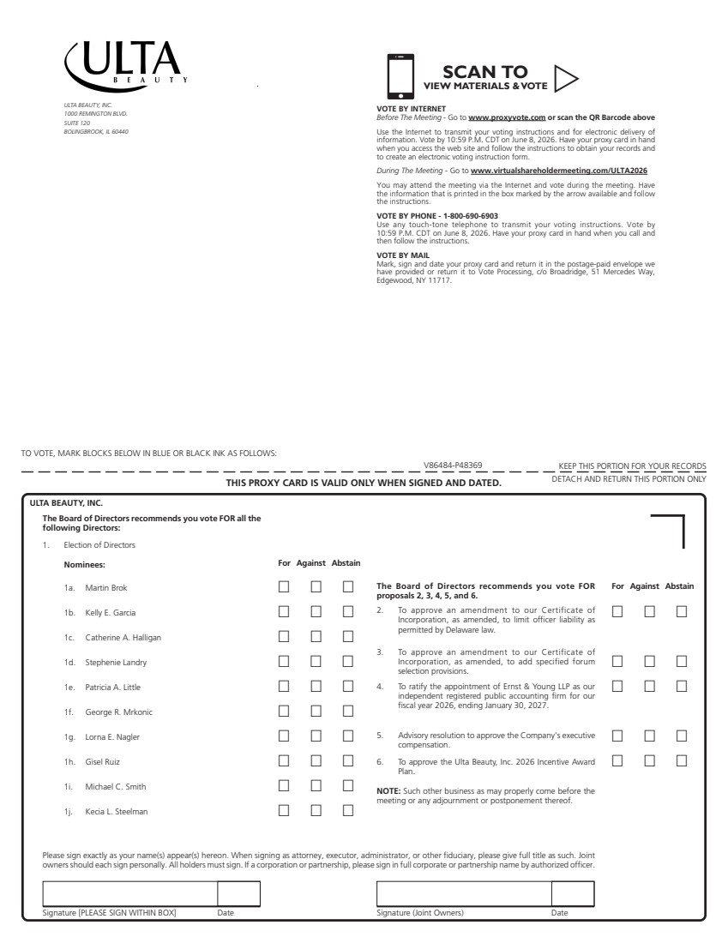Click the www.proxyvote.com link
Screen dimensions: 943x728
tap(507, 117)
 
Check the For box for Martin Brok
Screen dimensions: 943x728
tap(284, 587)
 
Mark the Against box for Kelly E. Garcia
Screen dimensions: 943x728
tap(316, 612)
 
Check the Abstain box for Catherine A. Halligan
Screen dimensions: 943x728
tap(348, 637)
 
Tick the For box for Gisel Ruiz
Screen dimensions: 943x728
tap(284, 761)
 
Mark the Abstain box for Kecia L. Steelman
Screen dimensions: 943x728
tap(348, 811)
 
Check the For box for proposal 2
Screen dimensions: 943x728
tap(617, 611)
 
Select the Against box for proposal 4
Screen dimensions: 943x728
tap(650, 687)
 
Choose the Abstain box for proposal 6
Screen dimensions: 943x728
tap(682, 760)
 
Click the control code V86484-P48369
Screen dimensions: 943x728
tap(453, 465)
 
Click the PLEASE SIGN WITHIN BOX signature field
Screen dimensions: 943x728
tap(129, 893)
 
